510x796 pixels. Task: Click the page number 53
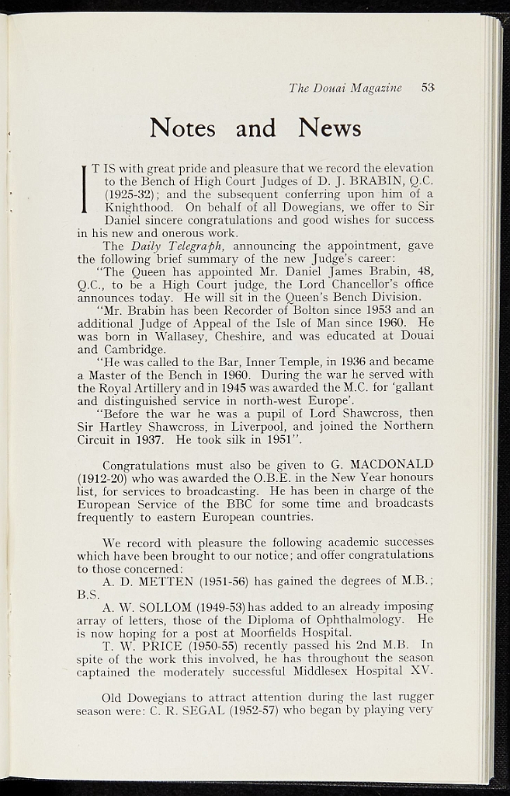[428, 88]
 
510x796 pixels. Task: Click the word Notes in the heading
[182, 127]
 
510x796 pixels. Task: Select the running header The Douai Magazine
[345, 88]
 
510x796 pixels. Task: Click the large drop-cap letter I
[83, 189]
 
